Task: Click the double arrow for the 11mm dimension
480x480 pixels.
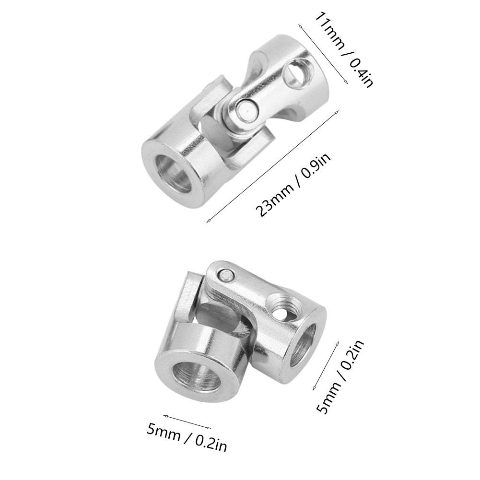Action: (323, 53)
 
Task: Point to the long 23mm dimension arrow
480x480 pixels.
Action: (272, 166)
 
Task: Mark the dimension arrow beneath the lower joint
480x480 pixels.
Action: (187, 421)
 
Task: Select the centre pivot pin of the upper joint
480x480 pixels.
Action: (246, 111)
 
